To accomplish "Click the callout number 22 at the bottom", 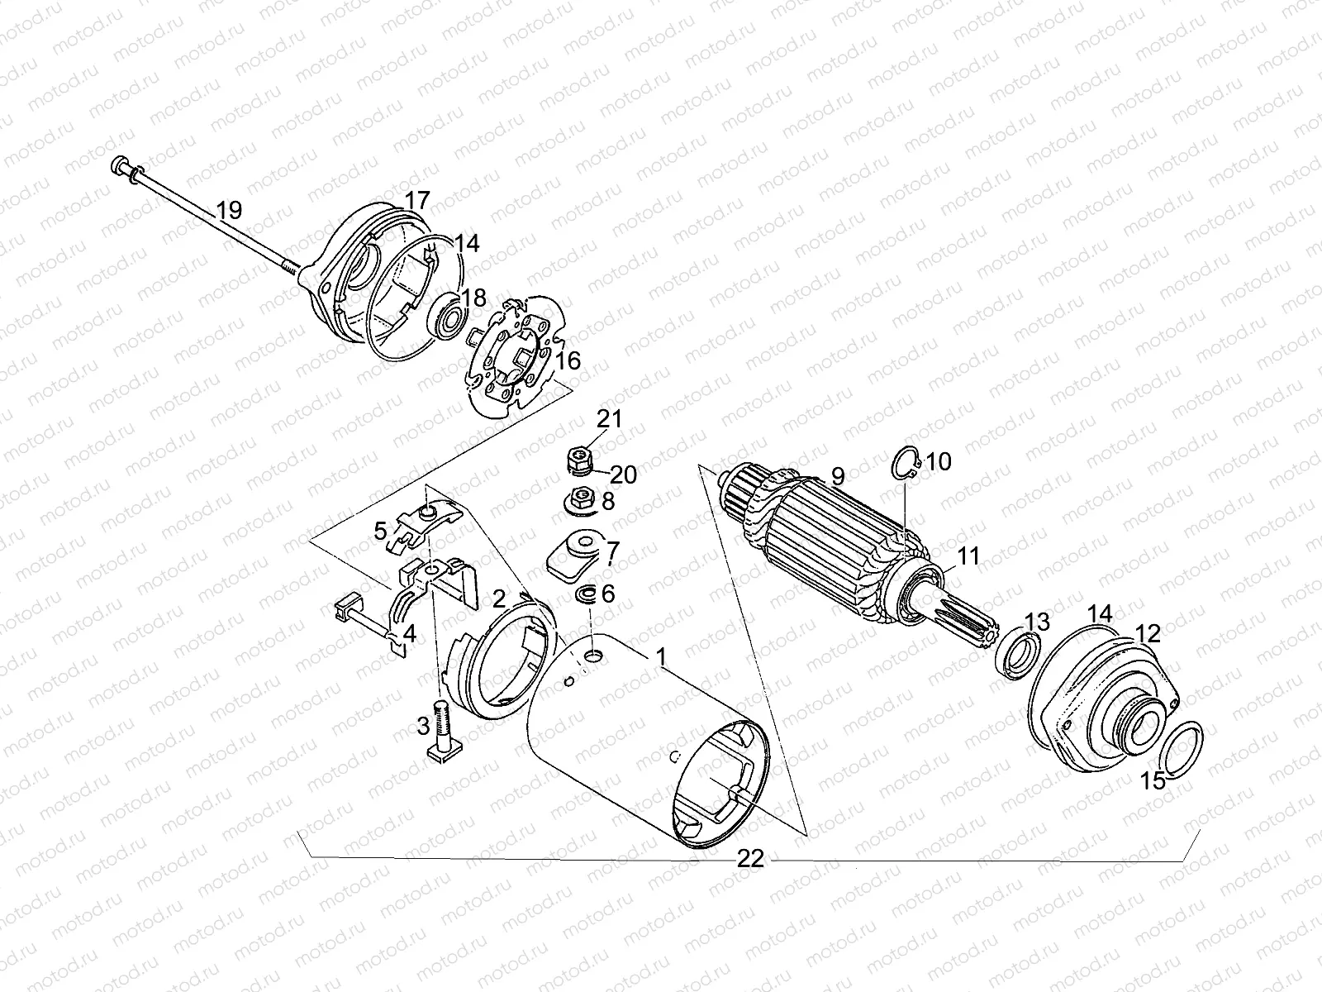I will coord(749,860).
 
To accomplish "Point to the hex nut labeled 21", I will coord(579,455).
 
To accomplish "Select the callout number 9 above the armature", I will coord(837,477).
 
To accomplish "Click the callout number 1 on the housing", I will coord(660,657).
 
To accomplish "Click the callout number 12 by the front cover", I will coord(1148,634).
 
